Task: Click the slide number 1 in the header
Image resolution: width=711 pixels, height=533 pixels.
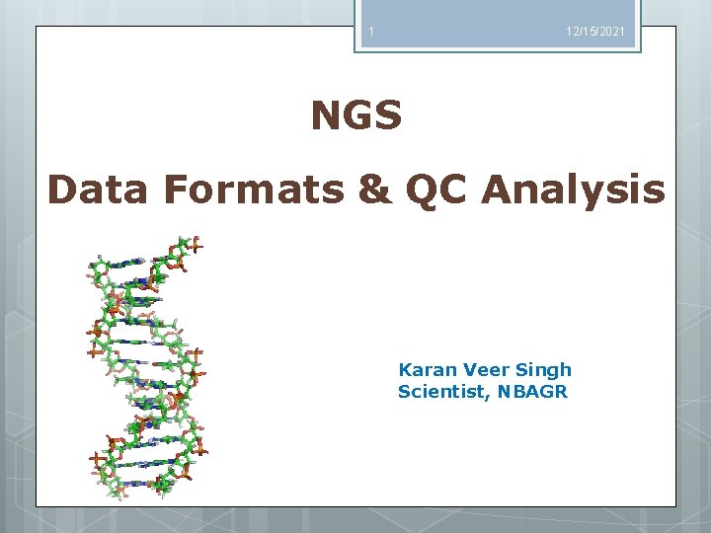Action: pos(370,33)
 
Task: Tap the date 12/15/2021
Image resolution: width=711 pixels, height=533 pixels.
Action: pos(594,34)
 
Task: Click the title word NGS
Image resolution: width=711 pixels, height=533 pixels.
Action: pos(356,116)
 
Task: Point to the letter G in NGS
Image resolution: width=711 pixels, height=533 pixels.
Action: pos(356,116)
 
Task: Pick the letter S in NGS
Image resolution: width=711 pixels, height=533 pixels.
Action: pos(388,116)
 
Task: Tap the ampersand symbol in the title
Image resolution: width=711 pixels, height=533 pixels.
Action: pos(375,190)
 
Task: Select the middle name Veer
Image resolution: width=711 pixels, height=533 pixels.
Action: pos(483,370)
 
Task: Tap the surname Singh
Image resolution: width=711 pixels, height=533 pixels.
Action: pos(543,371)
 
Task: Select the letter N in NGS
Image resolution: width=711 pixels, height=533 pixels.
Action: pos(326,116)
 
